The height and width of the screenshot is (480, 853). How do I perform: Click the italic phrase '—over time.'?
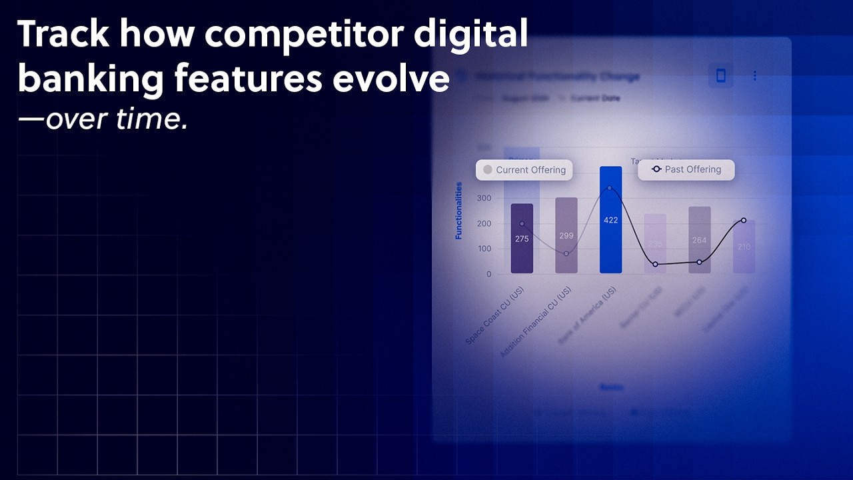(x=103, y=119)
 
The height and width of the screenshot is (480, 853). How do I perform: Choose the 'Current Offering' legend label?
(x=524, y=170)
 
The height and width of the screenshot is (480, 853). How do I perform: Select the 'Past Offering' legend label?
(x=686, y=169)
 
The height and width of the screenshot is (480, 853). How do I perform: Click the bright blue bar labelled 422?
(x=610, y=220)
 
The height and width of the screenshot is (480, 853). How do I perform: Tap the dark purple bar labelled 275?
(x=522, y=238)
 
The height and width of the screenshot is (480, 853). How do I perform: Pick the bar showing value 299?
(x=566, y=235)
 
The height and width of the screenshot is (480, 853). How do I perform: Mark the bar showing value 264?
(x=699, y=240)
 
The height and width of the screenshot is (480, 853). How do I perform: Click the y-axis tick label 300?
(x=484, y=198)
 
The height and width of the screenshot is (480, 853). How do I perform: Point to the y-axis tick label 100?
(x=484, y=249)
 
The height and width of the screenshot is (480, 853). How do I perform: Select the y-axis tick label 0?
(x=488, y=274)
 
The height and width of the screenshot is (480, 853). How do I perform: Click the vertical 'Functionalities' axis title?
(x=458, y=210)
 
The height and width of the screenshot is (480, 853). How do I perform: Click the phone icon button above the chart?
(x=720, y=76)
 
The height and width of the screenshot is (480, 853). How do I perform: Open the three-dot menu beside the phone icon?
(x=754, y=76)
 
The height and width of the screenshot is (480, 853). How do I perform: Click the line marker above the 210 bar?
(x=743, y=220)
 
